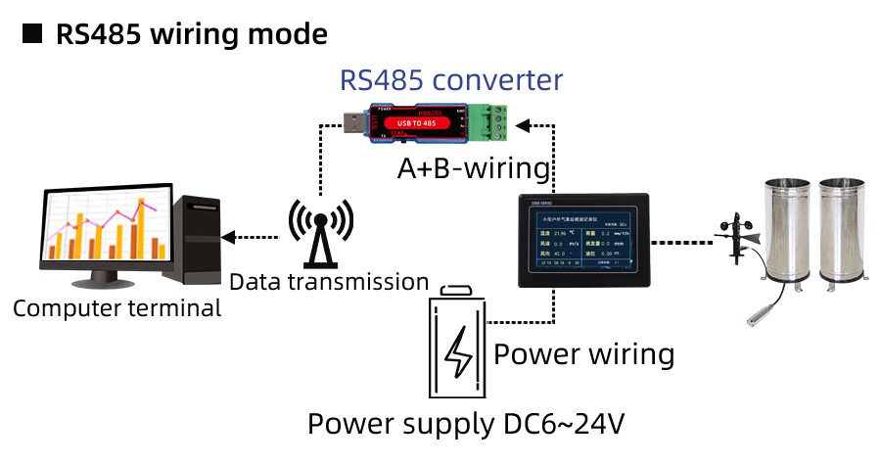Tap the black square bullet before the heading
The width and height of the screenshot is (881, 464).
coord(33,34)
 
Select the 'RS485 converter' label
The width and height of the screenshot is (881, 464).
coord(451,79)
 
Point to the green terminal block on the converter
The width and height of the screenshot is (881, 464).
coord(490,122)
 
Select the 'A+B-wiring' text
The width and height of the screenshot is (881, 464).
coord(474,167)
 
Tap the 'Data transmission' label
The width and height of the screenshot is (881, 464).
coord(329,282)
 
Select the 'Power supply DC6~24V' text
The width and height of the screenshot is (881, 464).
coord(466,425)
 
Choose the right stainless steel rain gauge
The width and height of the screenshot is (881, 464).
coord(844,234)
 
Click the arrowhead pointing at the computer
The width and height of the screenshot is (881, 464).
coord(229,237)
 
